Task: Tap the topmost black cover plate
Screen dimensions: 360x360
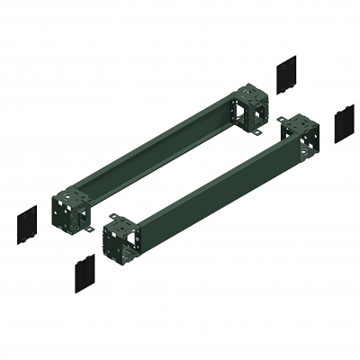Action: [x=286, y=74]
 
